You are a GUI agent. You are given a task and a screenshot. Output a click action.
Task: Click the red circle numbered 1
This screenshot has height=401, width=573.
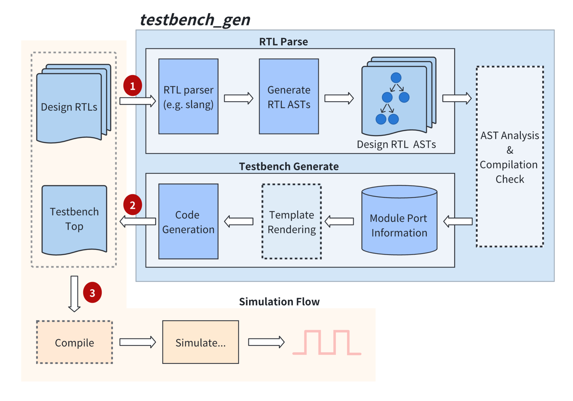click(132, 86)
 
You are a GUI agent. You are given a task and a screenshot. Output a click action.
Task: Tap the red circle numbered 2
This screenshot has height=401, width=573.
click(132, 205)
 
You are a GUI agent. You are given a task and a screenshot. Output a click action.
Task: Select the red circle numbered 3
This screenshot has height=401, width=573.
click(92, 292)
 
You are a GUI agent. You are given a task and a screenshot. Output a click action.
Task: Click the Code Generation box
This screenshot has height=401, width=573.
click(188, 221)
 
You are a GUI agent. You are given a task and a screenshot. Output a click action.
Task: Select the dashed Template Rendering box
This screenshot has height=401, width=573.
click(291, 221)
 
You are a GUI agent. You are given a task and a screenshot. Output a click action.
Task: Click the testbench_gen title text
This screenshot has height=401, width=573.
click(195, 20)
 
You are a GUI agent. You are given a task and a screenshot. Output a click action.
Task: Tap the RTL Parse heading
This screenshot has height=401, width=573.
click(283, 42)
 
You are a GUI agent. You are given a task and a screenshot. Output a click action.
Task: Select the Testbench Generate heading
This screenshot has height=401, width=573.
click(289, 166)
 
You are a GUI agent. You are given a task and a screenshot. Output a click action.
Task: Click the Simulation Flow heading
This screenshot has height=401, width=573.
click(279, 301)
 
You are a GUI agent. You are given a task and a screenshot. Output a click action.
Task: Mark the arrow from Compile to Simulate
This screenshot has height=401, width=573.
click(137, 342)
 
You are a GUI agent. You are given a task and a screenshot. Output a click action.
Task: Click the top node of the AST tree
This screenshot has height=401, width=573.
click(396, 78)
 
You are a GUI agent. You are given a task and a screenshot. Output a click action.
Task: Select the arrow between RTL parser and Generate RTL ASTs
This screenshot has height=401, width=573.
click(238, 98)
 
